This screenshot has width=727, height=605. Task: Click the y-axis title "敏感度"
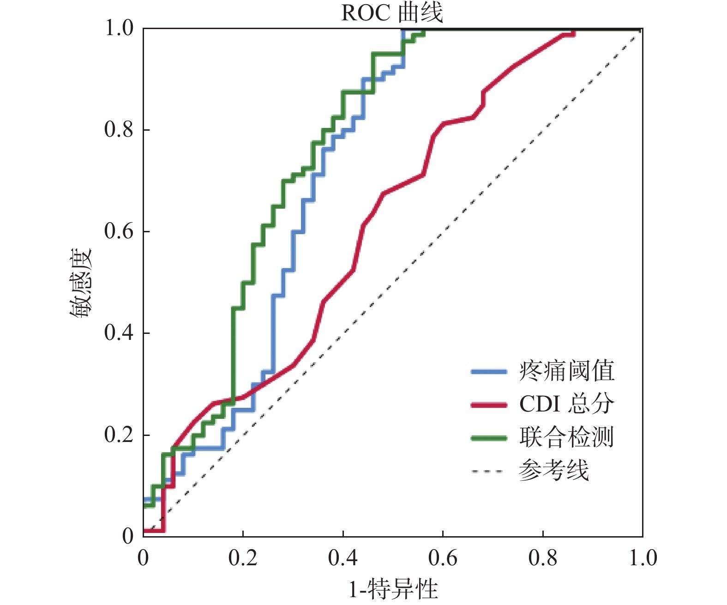[x=81, y=283]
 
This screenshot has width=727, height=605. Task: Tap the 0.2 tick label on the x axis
[x=243, y=558]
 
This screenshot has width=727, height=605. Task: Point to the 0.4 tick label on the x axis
[x=342, y=558]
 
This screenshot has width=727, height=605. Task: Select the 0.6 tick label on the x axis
[x=443, y=558]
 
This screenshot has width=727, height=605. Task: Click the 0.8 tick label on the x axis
[x=543, y=558]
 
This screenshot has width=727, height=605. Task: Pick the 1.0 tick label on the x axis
[x=643, y=558]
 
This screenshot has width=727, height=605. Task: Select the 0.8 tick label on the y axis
[x=119, y=129]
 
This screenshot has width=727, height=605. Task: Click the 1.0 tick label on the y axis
[x=119, y=28]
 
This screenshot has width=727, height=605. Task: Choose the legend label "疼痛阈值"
[x=566, y=371]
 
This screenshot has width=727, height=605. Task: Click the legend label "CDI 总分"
[x=566, y=404]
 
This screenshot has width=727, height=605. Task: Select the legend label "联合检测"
[x=566, y=437]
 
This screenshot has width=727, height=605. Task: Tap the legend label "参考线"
[x=554, y=471]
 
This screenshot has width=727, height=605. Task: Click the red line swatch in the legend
[x=489, y=405]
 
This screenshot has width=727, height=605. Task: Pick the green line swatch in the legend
[x=489, y=438]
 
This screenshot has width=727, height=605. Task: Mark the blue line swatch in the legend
[x=489, y=371]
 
